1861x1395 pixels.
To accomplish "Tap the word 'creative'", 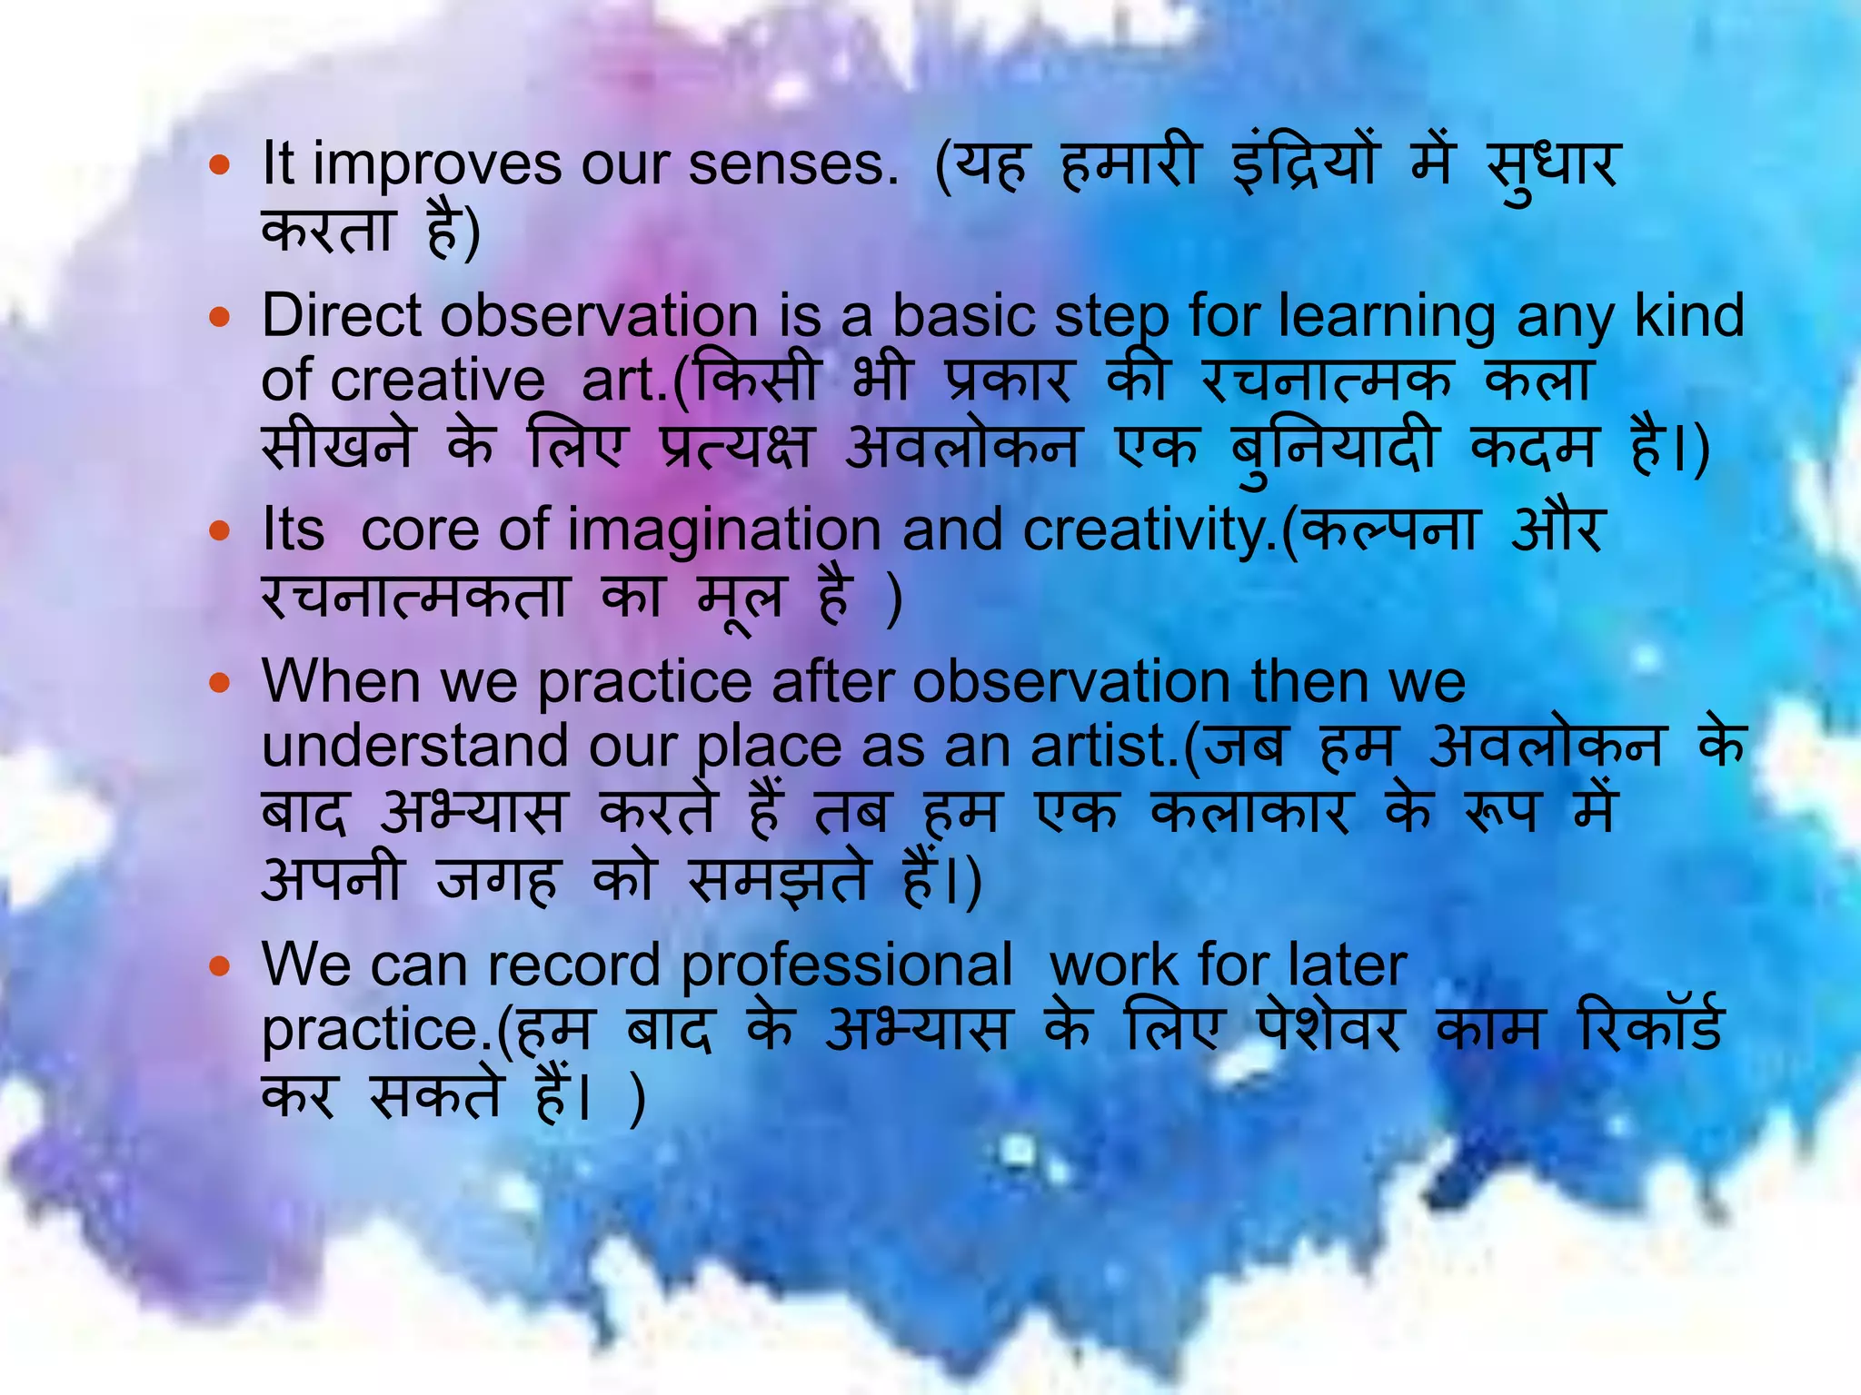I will click(437, 381).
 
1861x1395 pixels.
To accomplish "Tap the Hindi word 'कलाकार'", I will click(1250, 811).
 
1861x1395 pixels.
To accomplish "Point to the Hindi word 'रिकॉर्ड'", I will click(1650, 1029).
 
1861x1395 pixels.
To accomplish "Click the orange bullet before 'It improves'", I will click(220, 166).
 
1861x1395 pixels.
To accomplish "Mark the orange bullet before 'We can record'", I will click(220, 966).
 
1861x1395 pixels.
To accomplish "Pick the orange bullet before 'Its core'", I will click(220, 531).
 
